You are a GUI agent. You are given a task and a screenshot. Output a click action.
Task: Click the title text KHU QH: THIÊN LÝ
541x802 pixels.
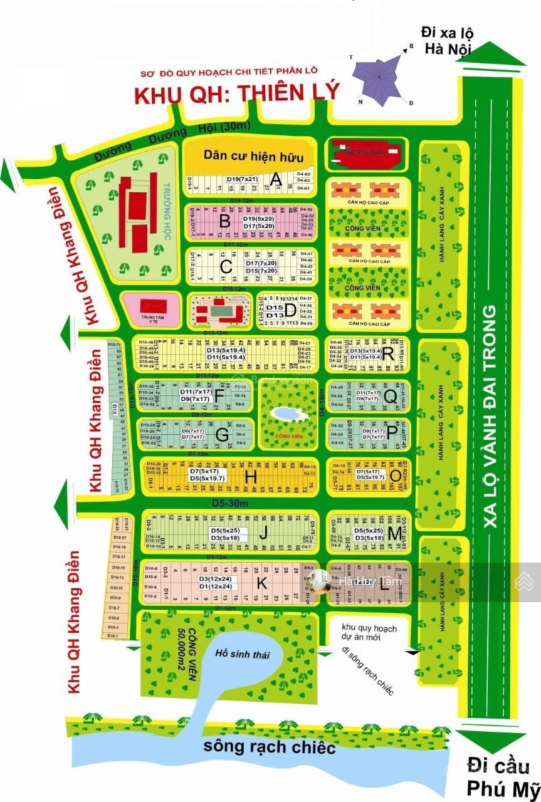pyautogui.click(x=237, y=93)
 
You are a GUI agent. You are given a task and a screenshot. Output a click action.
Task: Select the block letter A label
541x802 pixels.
pyautogui.click(x=275, y=180)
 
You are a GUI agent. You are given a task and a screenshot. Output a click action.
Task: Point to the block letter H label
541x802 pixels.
pyautogui.click(x=251, y=477)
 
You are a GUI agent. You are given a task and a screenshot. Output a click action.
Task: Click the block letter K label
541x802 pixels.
pyautogui.click(x=262, y=583)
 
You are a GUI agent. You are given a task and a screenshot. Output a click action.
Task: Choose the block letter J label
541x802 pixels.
pyautogui.click(x=264, y=534)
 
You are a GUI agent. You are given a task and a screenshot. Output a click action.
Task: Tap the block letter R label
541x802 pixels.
pyautogui.click(x=388, y=355)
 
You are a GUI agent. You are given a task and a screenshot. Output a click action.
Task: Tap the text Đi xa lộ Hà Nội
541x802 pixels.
pyautogui.click(x=447, y=40)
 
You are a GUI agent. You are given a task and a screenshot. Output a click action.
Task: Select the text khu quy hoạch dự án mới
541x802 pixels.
pyautogui.click(x=369, y=632)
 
